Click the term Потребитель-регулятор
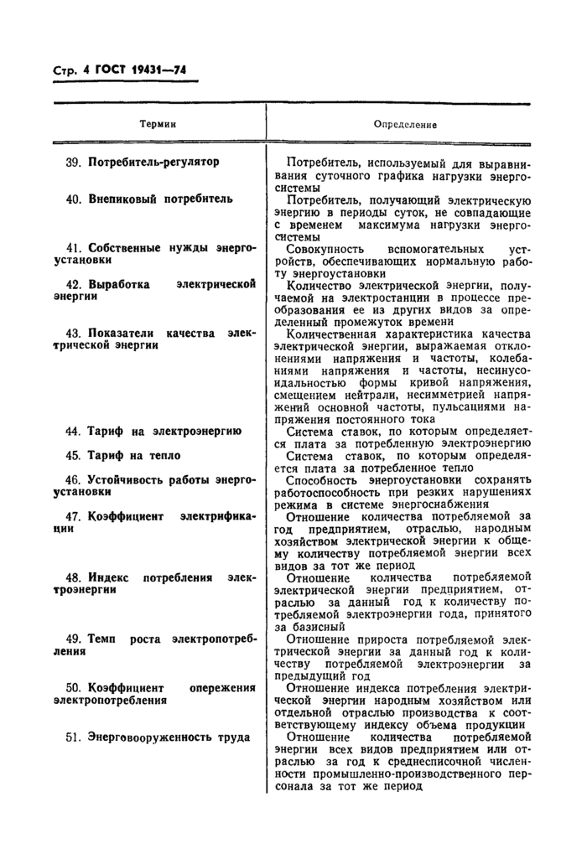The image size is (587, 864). tap(153, 162)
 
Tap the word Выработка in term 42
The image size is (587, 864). tap(119, 285)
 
